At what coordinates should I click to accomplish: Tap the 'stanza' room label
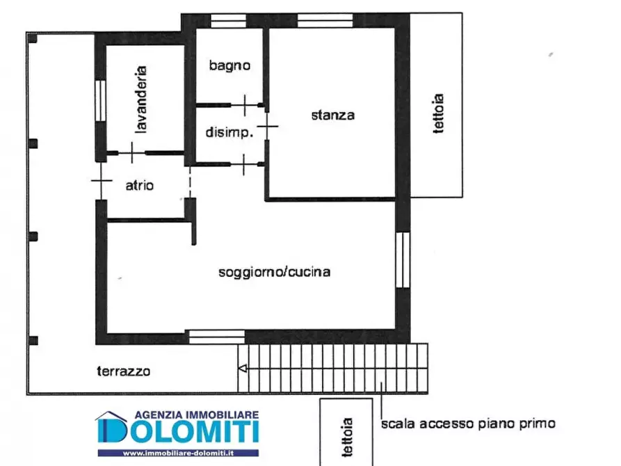coord(332,115)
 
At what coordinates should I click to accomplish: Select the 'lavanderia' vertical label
coord(141,99)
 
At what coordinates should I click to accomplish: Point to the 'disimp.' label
coord(227,131)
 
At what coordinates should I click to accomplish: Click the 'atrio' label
coord(140,186)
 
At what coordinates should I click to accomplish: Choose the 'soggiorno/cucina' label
coord(274,272)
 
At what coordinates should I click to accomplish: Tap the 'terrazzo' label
coord(123,371)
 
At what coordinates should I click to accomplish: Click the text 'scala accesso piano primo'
coord(468,423)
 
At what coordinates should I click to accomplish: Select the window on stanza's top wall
coord(321,20)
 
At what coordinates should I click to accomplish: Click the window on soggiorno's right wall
coord(402,259)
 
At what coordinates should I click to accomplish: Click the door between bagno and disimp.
coord(245,105)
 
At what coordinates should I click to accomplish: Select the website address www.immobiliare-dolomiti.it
coord(177,453)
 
